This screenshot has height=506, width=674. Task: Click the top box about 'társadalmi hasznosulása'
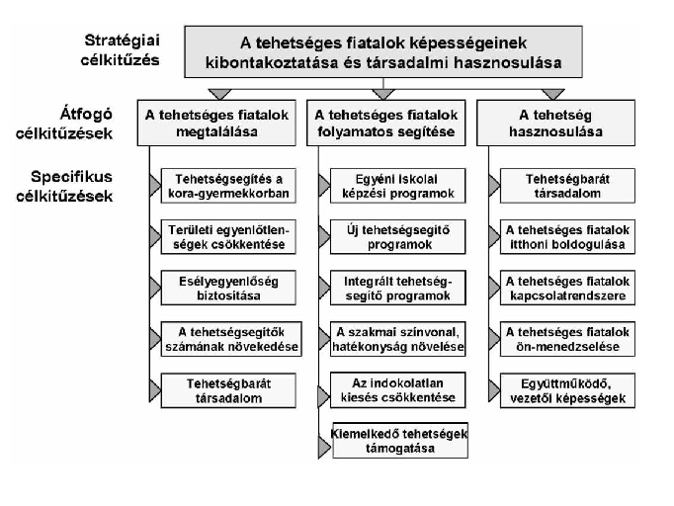(383, 51)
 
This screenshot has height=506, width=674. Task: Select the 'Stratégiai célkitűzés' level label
(121, 49)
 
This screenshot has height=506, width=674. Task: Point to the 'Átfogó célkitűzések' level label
(64, 124)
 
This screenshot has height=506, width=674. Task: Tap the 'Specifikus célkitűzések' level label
(64, 186)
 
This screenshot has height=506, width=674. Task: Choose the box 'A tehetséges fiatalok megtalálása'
(216, 123)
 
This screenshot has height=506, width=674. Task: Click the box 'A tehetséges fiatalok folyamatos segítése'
(386, 123)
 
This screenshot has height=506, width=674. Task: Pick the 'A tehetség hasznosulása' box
(555, 123)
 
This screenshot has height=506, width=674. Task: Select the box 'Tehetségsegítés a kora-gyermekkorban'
(228, 186)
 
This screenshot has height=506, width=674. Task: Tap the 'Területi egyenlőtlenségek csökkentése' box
(228, 237)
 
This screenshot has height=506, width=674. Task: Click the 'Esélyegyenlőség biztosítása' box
(228, 288)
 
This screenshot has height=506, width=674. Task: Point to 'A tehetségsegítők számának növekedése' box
(231, 339)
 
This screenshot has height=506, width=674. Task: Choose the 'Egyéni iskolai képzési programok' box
(397, 186)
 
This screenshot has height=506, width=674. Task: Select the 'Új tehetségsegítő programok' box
(397, 237)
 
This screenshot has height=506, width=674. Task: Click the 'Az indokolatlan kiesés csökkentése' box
(397, 390)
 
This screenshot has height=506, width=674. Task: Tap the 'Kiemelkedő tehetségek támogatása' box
(400, 441)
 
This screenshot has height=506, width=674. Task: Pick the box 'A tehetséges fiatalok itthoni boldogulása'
(567, 237)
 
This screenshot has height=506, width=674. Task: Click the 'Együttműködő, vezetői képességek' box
(567, 390)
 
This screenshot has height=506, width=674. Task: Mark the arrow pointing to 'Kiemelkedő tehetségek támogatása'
(324, 447)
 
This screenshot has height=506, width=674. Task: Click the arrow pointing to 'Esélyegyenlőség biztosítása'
(155, 288)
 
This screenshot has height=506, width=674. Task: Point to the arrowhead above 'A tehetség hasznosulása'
(552, 94)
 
